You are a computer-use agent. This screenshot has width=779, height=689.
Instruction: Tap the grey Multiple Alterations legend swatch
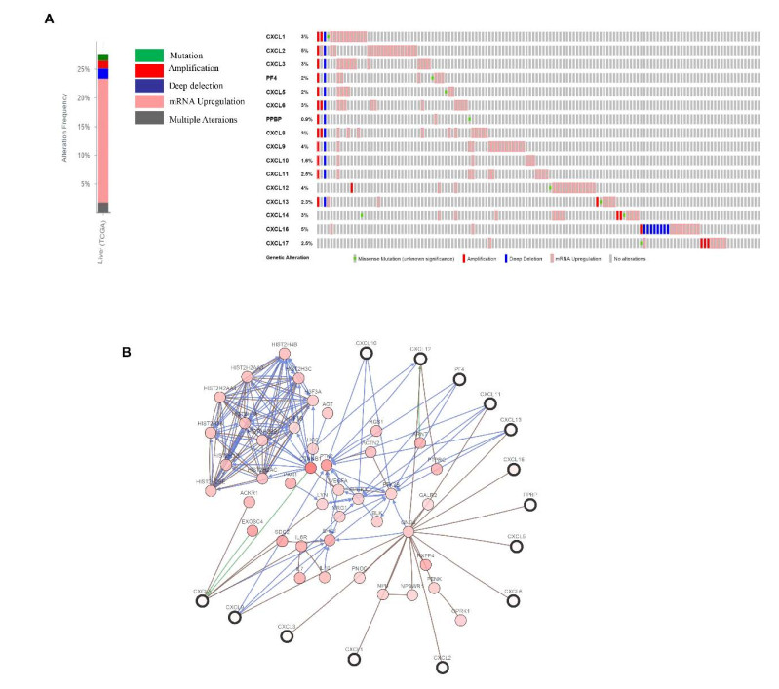point(148,117)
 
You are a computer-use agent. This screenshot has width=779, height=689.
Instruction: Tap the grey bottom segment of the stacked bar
point(102,207)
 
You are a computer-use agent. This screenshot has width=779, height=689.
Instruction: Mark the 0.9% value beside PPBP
point(306,119)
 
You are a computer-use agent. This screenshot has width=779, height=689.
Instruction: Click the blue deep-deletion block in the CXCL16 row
point(654,229)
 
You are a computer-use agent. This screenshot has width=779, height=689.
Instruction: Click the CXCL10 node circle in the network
point(367,353)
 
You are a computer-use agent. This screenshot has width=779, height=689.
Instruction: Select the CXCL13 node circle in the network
point(509,430)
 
